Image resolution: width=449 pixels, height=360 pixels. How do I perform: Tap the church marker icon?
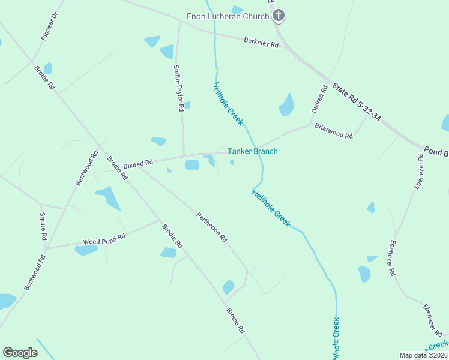[278, 15]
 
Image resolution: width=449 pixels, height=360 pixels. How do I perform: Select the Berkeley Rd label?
[261, 43]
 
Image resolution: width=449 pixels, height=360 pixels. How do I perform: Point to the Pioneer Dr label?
[49, 25]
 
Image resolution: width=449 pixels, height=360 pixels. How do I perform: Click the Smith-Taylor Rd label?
[178, 88]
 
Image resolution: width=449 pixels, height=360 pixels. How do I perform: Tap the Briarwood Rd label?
[334, 131]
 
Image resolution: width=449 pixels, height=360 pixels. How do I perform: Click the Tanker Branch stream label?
[252, 151]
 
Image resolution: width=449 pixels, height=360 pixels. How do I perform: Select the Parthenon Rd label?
[212, 226]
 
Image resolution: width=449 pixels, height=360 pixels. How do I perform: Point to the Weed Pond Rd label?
[104, 238]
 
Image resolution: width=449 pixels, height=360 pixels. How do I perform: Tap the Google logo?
[20, 353]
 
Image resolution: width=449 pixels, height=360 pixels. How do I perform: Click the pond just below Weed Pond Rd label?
[86, 250]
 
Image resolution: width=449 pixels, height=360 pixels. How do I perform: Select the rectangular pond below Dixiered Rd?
[192, 165]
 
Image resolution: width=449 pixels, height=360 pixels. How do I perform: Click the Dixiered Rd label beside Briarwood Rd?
[319, 99]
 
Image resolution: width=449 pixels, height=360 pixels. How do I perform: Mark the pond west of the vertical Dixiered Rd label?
[286, 105]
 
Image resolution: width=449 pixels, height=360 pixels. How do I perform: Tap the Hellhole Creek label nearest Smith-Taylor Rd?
[228, 103]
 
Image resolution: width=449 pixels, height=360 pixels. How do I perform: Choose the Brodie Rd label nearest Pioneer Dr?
[45, 77]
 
